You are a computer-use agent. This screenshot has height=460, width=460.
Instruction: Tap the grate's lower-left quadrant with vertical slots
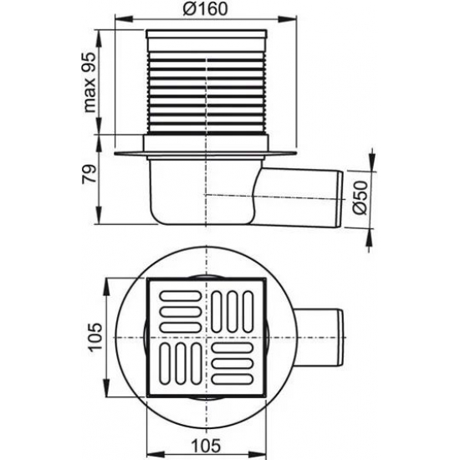178,360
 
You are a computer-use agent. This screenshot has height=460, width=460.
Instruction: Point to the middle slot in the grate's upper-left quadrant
178,309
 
